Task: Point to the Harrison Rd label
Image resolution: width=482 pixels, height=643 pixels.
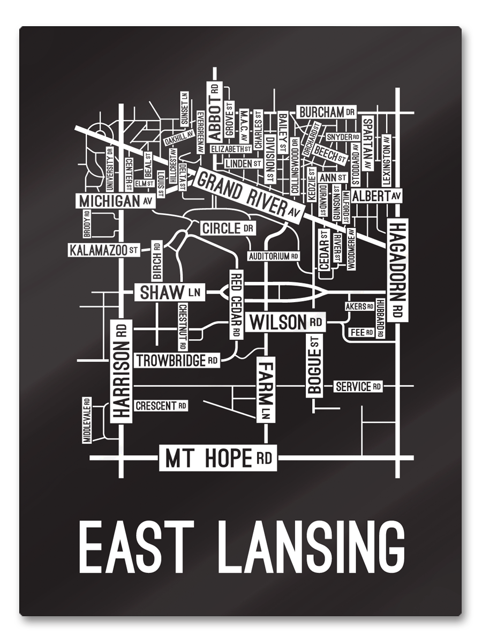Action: pyautogui.click(x=122, y=370)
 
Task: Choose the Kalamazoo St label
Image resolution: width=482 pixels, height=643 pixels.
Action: pyautogui.click(x=104, y=250)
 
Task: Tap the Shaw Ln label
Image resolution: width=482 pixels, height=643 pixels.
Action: pyautogui.click(x=169, y=293)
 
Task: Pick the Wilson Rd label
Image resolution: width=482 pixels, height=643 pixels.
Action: pyautogui.click(x=286, y=323)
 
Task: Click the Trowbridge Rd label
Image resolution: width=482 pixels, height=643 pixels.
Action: pyautogui.click(x=177, y=361)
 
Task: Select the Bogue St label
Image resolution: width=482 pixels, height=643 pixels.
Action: pyautogui.click(x=314, y=365)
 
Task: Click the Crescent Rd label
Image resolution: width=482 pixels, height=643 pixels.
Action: pyautogui.click(x=161, y=406)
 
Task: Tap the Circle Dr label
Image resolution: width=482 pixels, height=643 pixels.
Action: pyautogui.click(x=228, y=229)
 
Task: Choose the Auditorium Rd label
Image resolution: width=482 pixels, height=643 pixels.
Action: pyautogui.click(x=273, y=256)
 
